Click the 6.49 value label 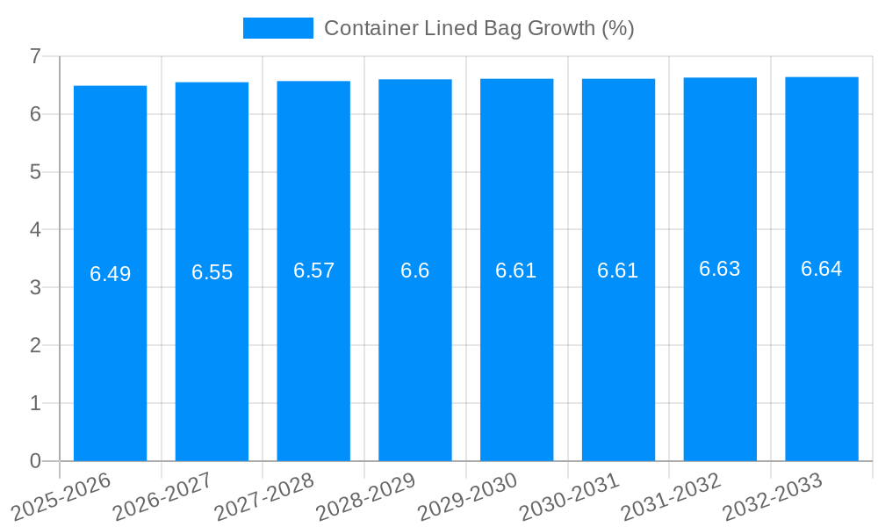[x=111, y=274]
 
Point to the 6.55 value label [x=212, y=272]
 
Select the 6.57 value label [x=313, y=271]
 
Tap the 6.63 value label [x=720, y=270]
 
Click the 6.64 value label [x=822, y=269]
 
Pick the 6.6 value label [x=415, y=271]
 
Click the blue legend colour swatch [x=277, y=28]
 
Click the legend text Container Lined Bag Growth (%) [x=479, y=28]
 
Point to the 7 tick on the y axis [x=35, y=56]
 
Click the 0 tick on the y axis [x=35, y=461]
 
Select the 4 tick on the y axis [x=35, y=229]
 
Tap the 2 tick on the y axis [x=35, y=345]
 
